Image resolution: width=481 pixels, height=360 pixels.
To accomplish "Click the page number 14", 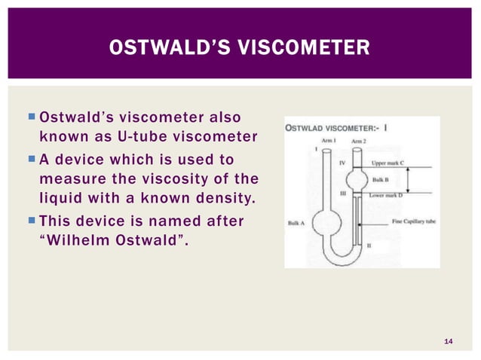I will pos(449,343).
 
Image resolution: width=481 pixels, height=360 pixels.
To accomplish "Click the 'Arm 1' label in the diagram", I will pos(329,141).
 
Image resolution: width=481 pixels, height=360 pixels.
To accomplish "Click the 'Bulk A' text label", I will pos(296,223).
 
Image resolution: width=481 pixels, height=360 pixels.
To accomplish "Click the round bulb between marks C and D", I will pos(357,181).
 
